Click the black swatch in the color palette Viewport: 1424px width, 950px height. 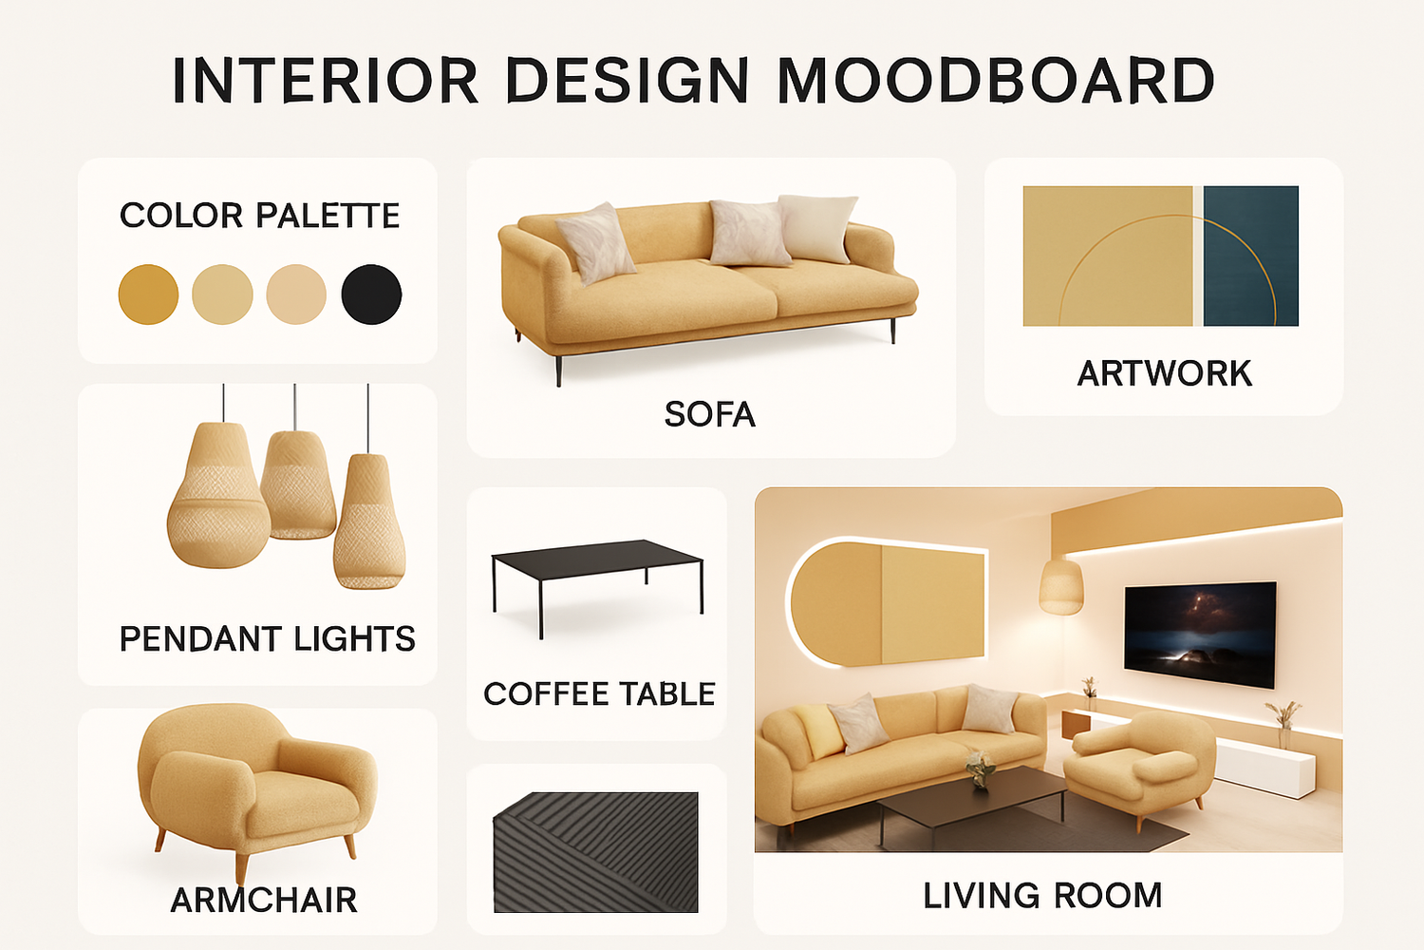371,294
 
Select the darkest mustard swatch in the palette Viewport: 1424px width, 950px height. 148,294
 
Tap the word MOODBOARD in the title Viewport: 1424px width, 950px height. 996,80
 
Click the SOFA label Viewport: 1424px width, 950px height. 709,414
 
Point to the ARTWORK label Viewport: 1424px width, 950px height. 1164,373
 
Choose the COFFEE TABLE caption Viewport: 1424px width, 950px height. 599,693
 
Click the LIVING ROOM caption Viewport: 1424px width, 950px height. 1042,895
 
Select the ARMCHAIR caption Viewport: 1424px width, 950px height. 264,900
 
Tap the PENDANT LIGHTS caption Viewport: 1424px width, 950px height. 267,638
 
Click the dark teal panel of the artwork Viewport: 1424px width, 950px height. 1251,256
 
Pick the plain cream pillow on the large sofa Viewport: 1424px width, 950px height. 817,228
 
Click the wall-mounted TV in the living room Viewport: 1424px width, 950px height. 1200,635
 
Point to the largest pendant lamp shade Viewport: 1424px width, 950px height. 218,495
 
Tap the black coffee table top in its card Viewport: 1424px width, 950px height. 597,560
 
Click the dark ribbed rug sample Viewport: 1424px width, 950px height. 595,852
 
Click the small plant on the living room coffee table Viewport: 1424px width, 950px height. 980,769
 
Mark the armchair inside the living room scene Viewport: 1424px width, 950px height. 1139,767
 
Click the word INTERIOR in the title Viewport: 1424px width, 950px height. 325,80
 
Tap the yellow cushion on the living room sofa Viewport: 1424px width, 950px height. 818,731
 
